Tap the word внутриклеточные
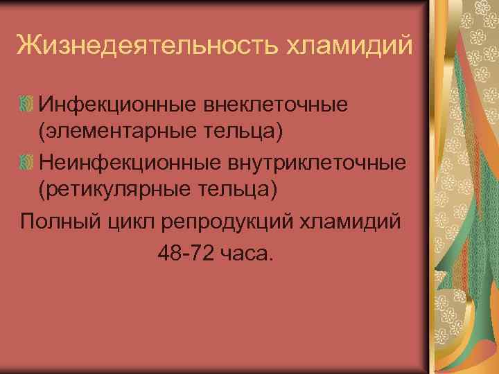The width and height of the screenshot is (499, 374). pos(312,163)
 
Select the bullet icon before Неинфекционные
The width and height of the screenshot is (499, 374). pos(26,163)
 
